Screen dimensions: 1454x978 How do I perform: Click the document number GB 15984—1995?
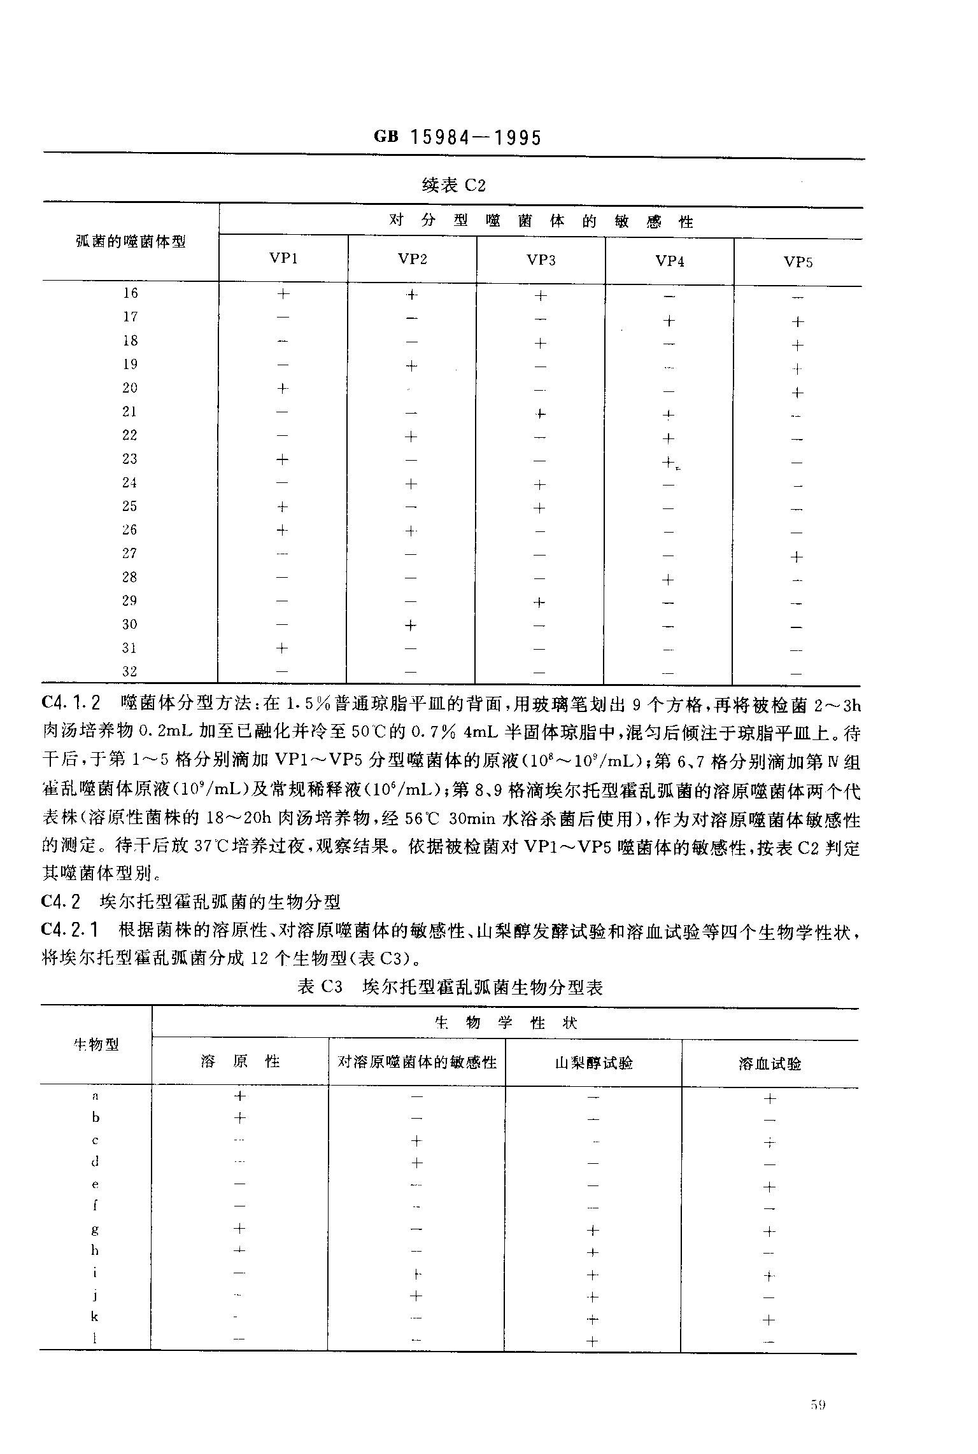457,137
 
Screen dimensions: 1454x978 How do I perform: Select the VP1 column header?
283,258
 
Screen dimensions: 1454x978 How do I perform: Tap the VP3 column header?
541,260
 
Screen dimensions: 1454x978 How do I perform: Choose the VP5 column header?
798,262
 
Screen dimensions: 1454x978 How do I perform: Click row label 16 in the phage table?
131,293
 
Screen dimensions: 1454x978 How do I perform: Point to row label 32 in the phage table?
130,671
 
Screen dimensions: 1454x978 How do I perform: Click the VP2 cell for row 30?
411,626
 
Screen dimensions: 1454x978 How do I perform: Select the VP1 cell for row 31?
282,648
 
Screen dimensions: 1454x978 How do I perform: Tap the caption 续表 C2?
454,186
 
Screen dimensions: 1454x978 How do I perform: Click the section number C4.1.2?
71,704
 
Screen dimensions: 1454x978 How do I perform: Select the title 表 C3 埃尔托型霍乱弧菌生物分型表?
450,987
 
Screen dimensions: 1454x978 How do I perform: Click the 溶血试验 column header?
770,1063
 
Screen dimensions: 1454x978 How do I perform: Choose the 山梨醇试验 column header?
593,1063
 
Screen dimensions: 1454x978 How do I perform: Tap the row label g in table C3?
96,1230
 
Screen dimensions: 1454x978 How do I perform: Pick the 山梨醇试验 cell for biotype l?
592,1342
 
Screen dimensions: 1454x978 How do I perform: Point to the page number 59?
819,1406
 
